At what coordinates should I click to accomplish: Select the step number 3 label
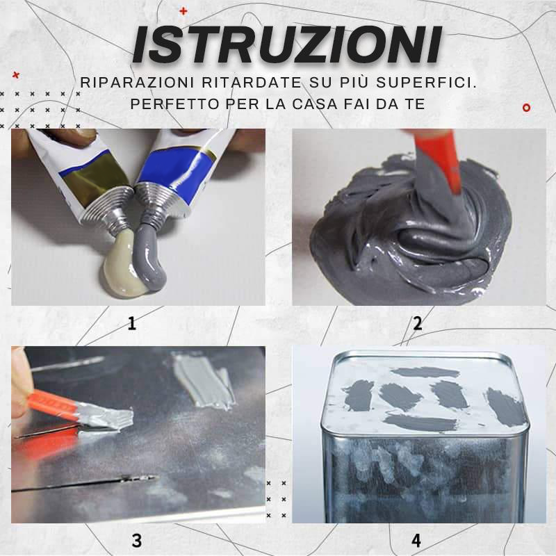(x=136, y=540)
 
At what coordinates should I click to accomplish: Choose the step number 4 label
(x=416, y=540)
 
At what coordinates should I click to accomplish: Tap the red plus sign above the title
(x=183, y=11)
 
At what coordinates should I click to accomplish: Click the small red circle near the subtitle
(x=526, y=108)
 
